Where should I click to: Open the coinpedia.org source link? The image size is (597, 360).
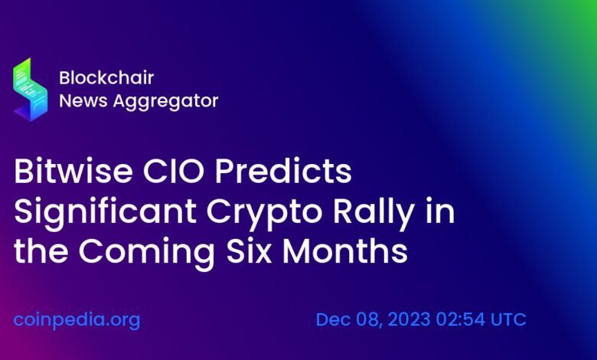pyautogui.click(x=77, y=319)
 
